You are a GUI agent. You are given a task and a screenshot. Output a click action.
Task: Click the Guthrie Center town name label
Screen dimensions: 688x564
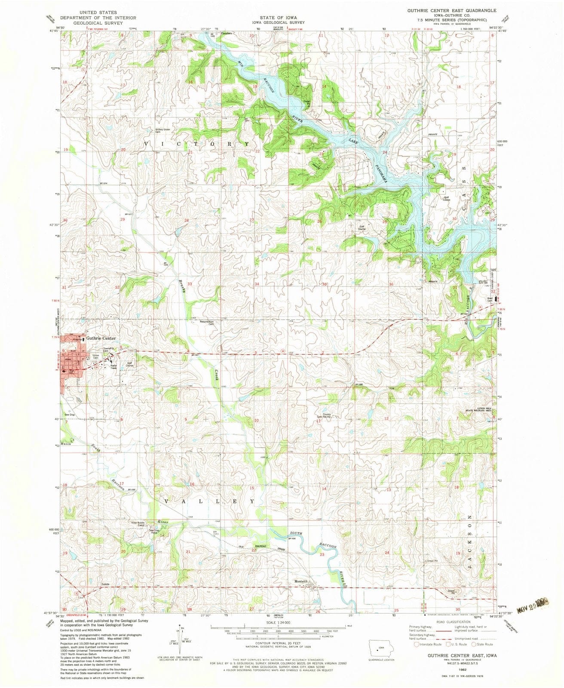click(101, 338)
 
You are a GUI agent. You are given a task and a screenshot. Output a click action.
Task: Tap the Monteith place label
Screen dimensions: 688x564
click(301, 581)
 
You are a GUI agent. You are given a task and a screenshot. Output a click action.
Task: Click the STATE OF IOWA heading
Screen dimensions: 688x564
click(278, 17)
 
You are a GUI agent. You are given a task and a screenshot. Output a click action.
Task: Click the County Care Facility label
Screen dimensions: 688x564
click(327, 416)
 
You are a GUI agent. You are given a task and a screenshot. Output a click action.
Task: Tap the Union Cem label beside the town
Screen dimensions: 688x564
click(96, 356)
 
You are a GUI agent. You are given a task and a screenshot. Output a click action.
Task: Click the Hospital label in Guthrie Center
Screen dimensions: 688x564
click(77, 340)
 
